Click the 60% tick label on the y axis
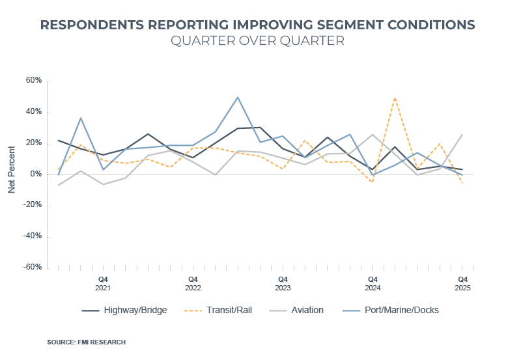click(x=34, y=81)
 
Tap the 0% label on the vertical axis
click(x=36, y=174)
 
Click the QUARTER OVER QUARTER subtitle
click(x=257, y=40)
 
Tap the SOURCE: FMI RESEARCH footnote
click(x=86, y=342)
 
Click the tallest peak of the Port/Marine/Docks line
click(x=238, y=97)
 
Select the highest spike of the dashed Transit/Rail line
click(x=395, y=98)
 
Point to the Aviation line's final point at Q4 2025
click(x=462, y=135)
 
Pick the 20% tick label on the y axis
click(x=34, y=143)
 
